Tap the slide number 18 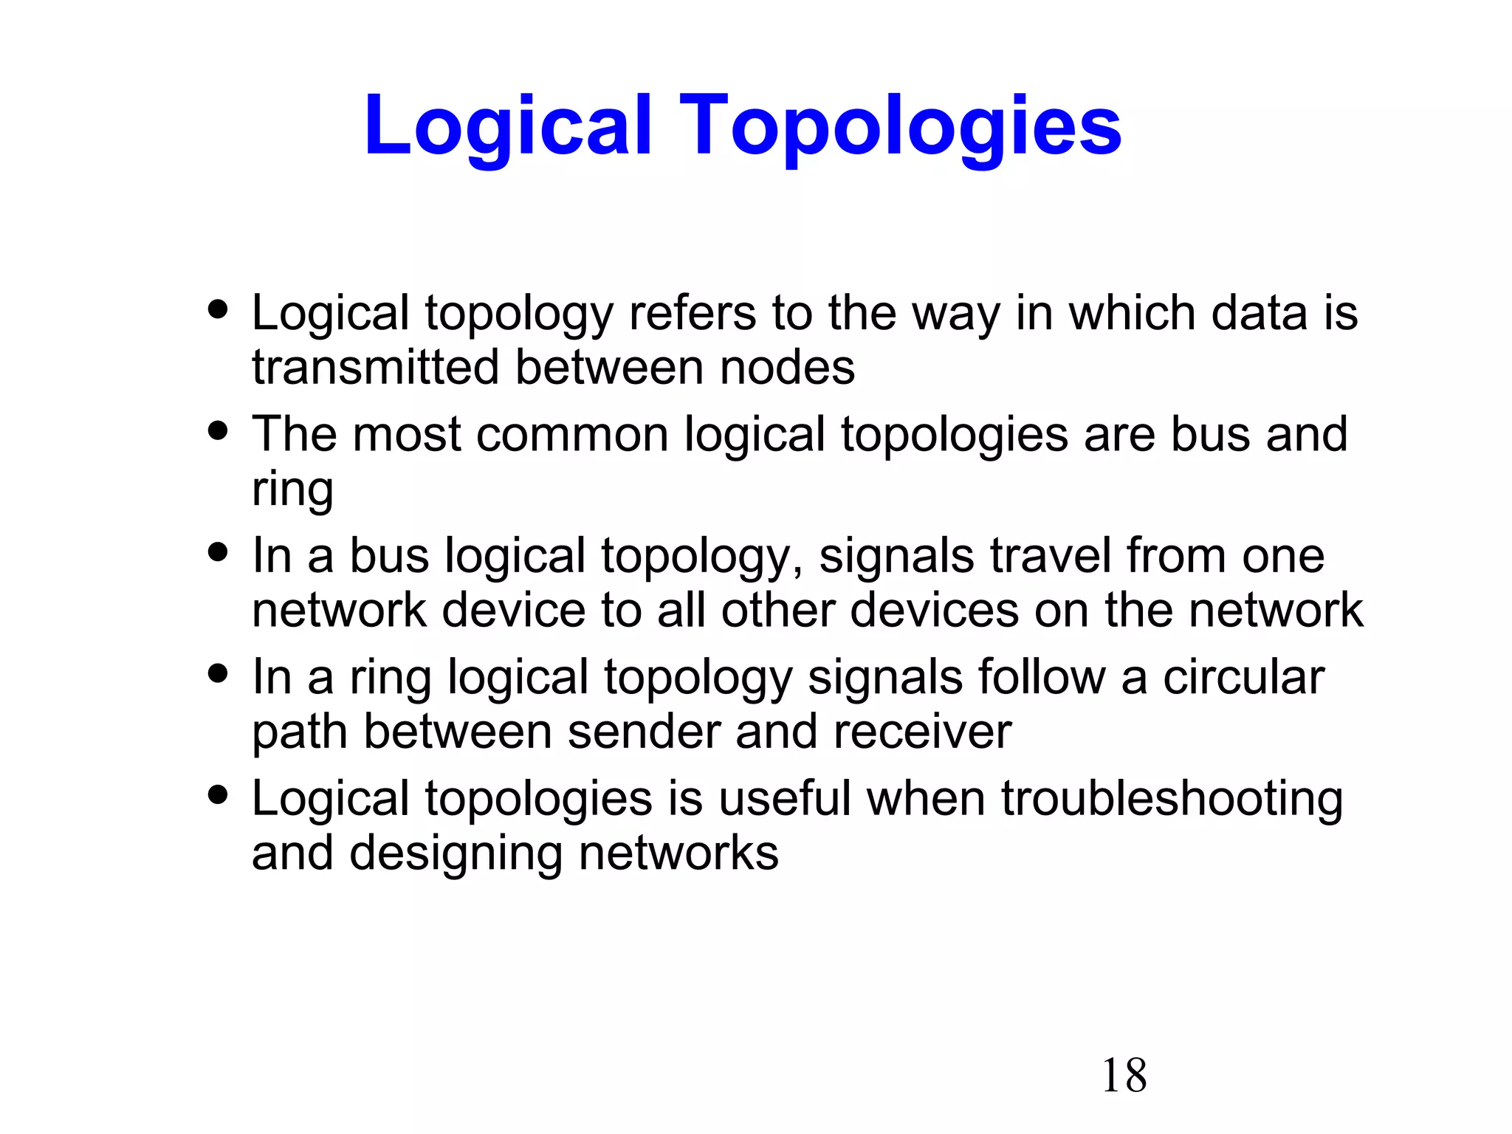[x=1124, y=1075]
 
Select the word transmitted [x=375, y=367]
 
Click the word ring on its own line [x=292, y=489]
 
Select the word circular [x=1243, y=677]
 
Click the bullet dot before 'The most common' [x=218, y=430]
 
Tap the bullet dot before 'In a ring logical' [x=218, y=673]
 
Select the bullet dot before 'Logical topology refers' [x=218, y=309]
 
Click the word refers [x=692, y=313]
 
